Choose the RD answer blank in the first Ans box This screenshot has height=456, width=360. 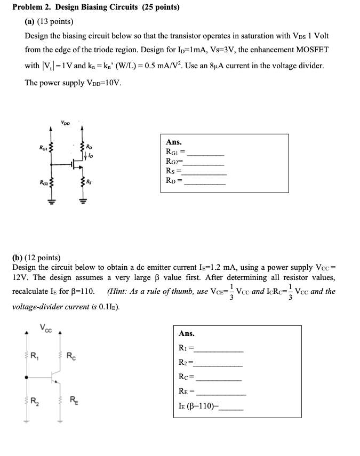(205, 184)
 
